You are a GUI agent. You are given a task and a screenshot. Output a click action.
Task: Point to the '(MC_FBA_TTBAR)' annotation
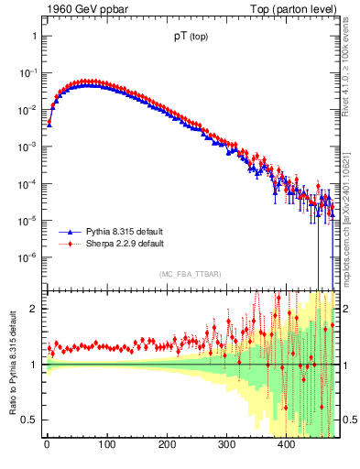(x=190, y=275)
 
